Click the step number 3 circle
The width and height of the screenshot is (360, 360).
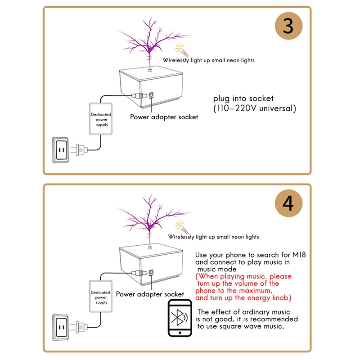click(288, 26)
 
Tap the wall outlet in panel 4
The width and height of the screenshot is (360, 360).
click(61, 325)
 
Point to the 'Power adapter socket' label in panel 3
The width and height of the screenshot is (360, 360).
click(164, 117)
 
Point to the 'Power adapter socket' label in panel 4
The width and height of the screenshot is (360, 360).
click(150, 294)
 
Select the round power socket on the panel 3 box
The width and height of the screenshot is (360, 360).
click(151, 95)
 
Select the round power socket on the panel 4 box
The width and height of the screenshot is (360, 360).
click(151, 272)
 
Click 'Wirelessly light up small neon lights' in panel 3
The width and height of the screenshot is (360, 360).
click(208, 60)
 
